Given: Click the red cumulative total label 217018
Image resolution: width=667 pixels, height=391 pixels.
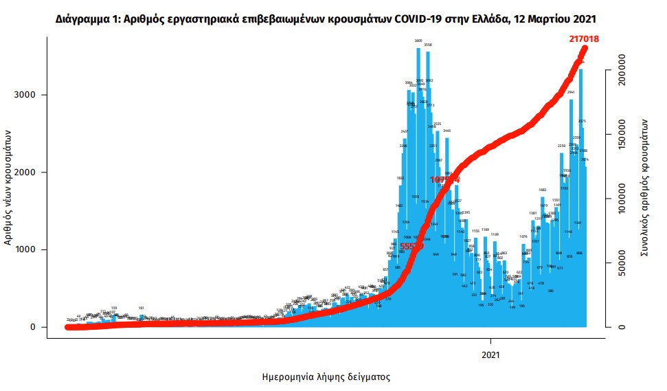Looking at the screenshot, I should click(x=584, y=39).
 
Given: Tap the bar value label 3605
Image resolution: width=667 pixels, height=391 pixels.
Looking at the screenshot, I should click(x=418, y=41).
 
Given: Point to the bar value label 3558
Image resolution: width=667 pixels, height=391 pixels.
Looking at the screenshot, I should click(x=428, y=45).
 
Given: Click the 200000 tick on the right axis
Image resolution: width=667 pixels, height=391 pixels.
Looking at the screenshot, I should click(x=623, y=82).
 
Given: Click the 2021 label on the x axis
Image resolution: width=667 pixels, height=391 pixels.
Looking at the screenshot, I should click(x=490, y=355).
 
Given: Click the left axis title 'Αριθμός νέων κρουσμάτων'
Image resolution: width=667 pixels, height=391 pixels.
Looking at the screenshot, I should click(x=9, y=188).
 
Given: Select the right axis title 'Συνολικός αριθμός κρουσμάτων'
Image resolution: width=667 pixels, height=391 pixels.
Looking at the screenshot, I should click(x=646, y=187).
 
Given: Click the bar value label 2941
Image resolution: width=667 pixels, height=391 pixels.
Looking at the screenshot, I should click(x=570, y=91).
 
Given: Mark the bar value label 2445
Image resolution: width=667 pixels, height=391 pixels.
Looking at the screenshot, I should click(x=446, y=131).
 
